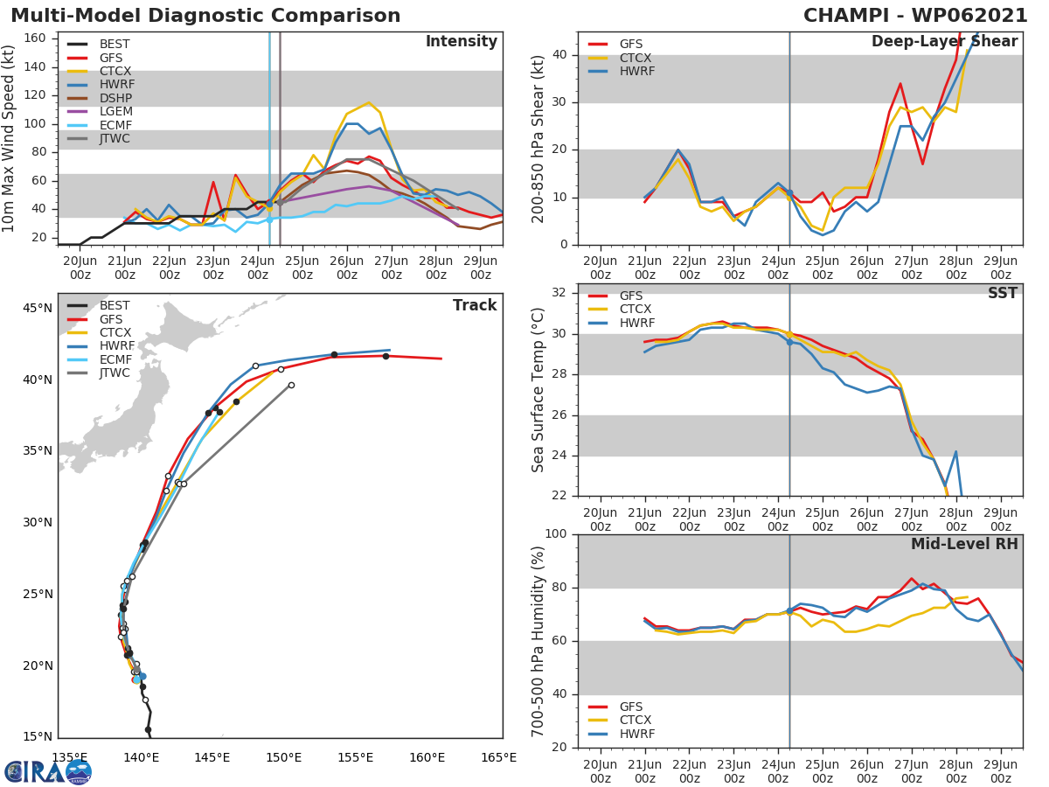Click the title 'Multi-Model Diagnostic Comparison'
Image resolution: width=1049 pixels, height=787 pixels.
click(x=205, y=16)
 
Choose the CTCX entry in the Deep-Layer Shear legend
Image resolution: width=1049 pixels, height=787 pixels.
click(x=636, y=58)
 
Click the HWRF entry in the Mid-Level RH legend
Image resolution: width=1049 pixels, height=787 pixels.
click(x=636, y=734)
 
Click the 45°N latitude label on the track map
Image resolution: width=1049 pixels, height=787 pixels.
click(x=38, y=308)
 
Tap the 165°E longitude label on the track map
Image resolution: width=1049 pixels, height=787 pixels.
click(x=498, y=757)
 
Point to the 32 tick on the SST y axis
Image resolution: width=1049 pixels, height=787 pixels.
click(x=559, y=293)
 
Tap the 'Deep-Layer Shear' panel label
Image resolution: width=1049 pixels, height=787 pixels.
click(x=944, y=42)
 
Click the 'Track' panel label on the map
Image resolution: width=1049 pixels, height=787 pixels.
click(x=475, y=305)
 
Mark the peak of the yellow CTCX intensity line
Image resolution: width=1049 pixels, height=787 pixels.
click(x=368, y=102)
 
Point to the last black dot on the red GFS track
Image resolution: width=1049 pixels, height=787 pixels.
click(x=386, y=356)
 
